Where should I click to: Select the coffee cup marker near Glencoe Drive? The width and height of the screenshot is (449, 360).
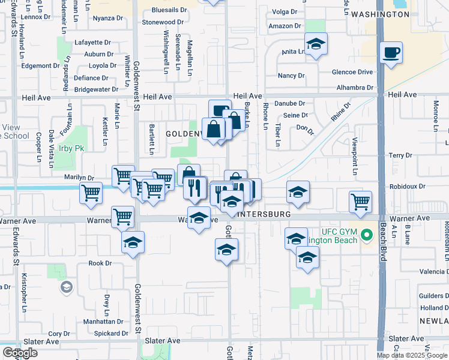click(x=391, y=53)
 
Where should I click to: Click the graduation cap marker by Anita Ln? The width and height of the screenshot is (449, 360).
click(x=316, y=44)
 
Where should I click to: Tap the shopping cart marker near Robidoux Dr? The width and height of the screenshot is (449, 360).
click(x=360, y=202)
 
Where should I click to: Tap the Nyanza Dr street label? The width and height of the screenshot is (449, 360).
click(x=108, y=18)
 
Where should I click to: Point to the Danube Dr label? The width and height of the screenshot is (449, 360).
click(x=291, y=104)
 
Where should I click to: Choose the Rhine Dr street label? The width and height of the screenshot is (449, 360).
click(x=340, y=113)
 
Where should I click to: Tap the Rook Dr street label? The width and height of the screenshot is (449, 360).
click(x=100, y=263)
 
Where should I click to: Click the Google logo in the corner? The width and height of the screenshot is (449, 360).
click(x=20, y=353)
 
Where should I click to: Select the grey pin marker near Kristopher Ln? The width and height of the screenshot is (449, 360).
click(x=65, y=289)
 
